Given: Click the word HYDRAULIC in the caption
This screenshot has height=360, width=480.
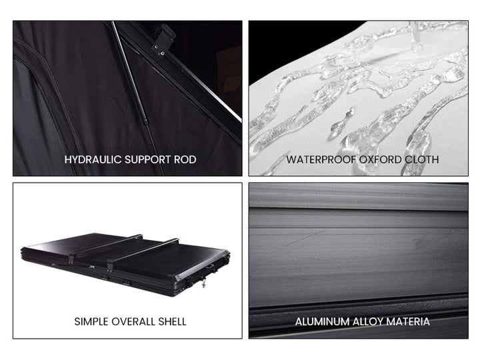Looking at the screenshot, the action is point(93,159).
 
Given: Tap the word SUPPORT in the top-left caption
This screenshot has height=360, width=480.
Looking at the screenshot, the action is point(148,159).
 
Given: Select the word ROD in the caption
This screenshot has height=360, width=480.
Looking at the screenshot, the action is point(185,159).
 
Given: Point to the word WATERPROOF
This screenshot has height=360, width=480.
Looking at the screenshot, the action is point(321,159).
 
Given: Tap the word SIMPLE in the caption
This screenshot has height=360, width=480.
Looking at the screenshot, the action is point(91,321).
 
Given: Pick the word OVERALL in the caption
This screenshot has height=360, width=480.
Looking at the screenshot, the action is point(133,321).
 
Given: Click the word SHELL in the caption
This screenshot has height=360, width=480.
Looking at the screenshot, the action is point(173,321).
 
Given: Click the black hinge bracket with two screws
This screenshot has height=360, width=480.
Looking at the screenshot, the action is point(163,41).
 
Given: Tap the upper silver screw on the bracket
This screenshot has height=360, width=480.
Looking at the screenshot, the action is point(156,47).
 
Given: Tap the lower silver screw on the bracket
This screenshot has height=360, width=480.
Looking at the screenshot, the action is point(163,53).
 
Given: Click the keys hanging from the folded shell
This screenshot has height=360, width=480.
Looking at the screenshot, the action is point(203,283).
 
